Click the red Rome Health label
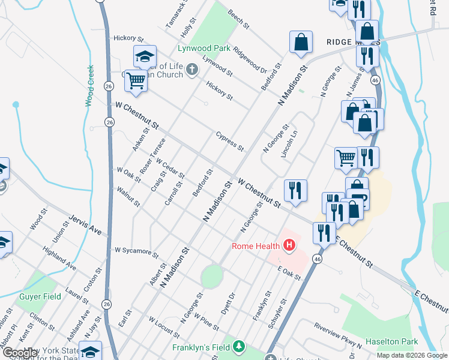[x=256, y=246]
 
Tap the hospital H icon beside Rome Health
[x=289, y=245]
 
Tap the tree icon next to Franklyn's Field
[x=240, y=347]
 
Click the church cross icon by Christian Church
[x=191, y=70]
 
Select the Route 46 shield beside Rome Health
[x=317, y=259]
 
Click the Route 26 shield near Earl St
[x=106, y=304]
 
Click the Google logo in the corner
[x=20, y=352]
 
